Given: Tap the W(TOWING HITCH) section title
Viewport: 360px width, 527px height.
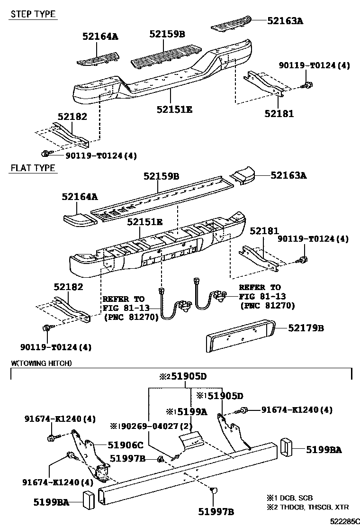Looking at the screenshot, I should point(41,363).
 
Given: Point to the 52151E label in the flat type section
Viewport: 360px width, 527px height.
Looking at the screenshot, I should point(144,222).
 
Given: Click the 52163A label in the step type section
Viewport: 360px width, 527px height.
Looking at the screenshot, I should point(285,20).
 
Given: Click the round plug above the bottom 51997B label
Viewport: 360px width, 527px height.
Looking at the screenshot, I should point(213,492).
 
